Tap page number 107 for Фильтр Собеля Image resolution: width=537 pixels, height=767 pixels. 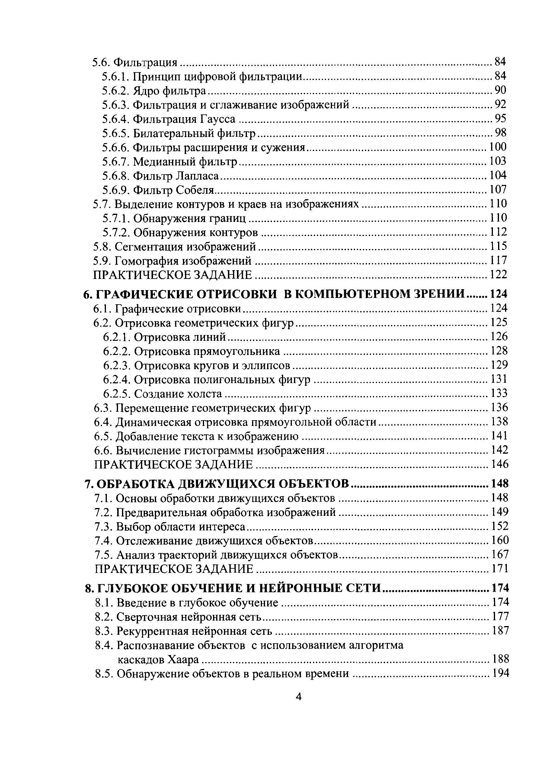[498, 190]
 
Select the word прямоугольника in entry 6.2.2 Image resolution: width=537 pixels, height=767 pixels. [237, 351]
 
